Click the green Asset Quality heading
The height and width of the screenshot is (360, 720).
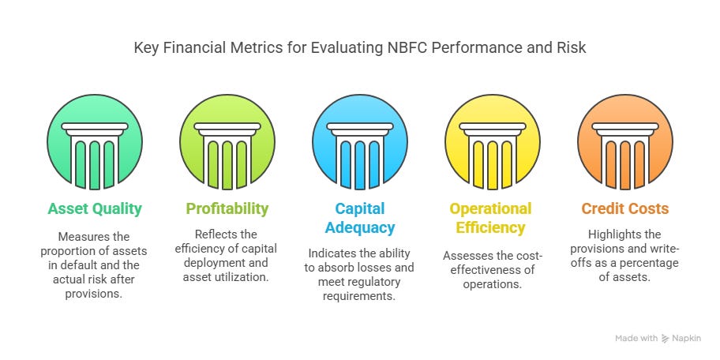[95, 209]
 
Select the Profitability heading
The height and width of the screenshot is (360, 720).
[227, 209]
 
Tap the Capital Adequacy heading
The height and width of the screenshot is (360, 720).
[360, 219]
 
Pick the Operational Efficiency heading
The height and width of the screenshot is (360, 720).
[490, 219]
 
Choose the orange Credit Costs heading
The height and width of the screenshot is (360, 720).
[624, 209]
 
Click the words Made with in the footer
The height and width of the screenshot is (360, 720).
[636, 339]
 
